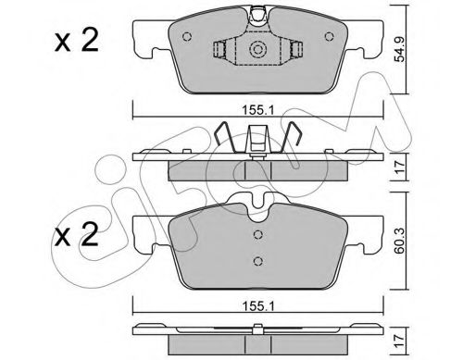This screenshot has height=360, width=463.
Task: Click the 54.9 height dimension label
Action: (x=400, y=50)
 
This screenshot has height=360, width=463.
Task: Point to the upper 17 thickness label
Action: (x=400, y=168)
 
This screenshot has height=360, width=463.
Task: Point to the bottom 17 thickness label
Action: (x=400, y=341)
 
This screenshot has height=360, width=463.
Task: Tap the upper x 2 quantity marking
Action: (x=77, y=40)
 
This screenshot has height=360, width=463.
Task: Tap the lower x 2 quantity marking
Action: (x=77, y=234)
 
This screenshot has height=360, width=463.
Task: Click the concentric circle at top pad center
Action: (x=257, y=49)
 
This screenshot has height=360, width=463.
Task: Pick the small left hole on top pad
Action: (x=187, y=37)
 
